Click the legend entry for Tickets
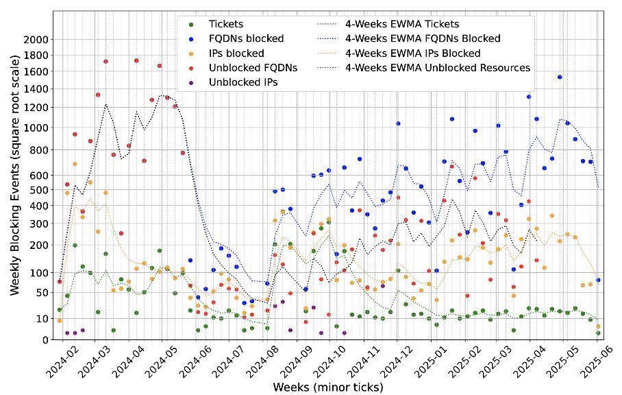tap(227, 24)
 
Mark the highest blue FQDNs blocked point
tap(560, 77)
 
